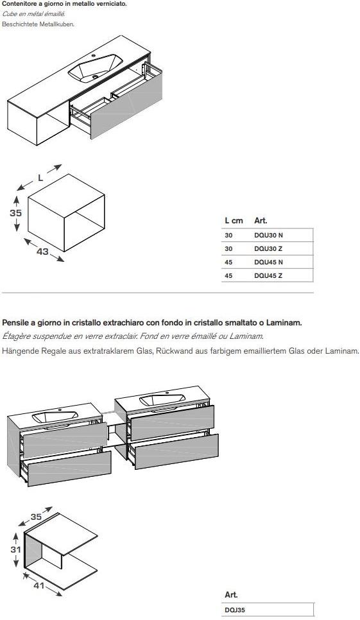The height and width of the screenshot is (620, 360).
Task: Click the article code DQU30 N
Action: [x=268, y=236]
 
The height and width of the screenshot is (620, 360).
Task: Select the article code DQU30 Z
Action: [x=268, y=249]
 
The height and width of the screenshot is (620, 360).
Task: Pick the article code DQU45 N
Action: [x=268, y=262]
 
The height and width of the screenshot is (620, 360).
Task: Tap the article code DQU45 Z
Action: [x=268, y=275]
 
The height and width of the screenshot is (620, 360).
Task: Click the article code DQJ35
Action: [x=235, y=610]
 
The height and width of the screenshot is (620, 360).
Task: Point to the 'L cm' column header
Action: [x=234, y=221]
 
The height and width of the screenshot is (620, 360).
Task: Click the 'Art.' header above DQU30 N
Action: [x=261, y=221]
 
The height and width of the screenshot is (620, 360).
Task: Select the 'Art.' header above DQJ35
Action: [x=231, y=595]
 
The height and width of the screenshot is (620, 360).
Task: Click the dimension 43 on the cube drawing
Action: [x=42, y=251]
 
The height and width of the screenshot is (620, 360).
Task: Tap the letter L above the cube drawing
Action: [x=40, y=178]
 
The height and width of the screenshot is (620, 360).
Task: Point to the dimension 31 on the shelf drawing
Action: [x=16, y=549]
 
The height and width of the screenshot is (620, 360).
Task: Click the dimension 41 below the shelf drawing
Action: [x=39, y=585]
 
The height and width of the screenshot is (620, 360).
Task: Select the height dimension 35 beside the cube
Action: [x=16, y=212]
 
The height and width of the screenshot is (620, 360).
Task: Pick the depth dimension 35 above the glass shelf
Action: [x=36, y=517]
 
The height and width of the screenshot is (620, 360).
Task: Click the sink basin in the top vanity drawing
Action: [x=95, y=68]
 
